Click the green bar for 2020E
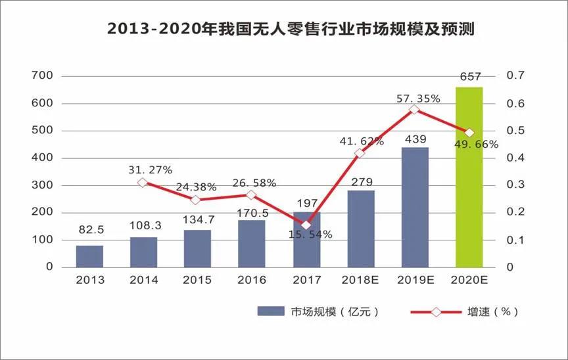(x=469, y=177)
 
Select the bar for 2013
(x=89, y=256)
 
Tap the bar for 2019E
(x=415, y=207)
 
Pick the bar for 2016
(x=252, y=243)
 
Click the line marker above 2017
(x=306, y=225)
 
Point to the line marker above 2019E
(x=414, y=109)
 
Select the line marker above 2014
(x=143, y=182)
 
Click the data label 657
(x=469, y=78)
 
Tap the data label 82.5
(x=89, y=229)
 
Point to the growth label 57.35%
(x=418, y=98)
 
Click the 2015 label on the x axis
(x=198, y=281)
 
